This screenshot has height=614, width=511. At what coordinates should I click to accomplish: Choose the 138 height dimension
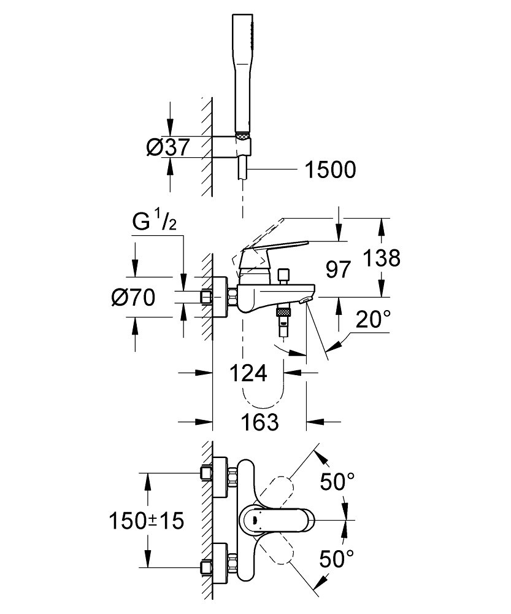coord(380,258)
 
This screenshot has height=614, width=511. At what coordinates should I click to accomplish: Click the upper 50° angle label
coord(338,483)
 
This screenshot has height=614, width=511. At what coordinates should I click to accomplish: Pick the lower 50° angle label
coord(338,559)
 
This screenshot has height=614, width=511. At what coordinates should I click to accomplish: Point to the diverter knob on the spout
coord(283,276)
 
